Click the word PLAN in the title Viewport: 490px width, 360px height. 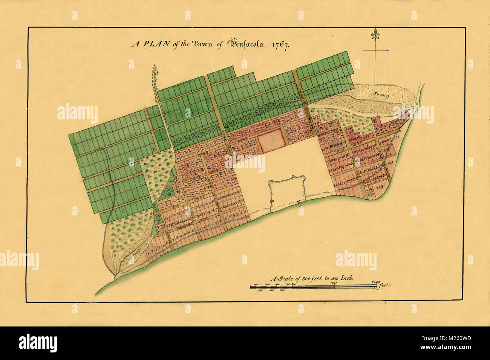[149, 43]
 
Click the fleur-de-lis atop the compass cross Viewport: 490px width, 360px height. [375, 34]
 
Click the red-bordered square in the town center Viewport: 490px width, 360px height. [270, 140]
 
